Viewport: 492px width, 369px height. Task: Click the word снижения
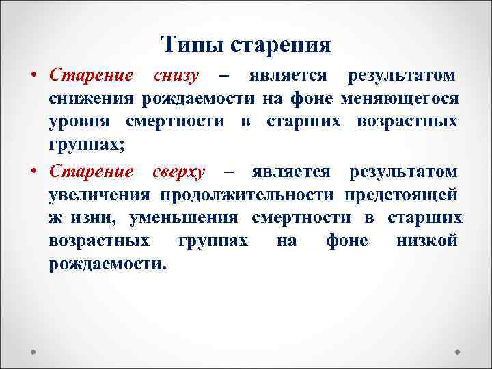pyautogui.click(x=92, y=99)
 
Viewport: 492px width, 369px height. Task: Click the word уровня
pyautogui.click(x=77, y=123)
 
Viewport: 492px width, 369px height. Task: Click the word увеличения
pyautogui.click(x=100, y=195)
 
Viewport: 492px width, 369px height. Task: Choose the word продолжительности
pyautogui.click(x=248, y=195)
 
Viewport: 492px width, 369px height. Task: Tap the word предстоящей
pyautogui.click(x=400, y=195)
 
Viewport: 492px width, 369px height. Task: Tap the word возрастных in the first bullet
pyautogui.click(x=407, y=123)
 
